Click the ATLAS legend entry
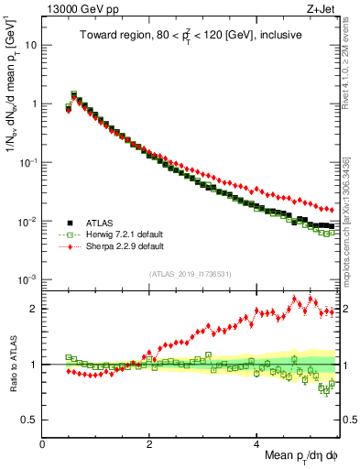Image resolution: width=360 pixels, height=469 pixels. coord(96,222)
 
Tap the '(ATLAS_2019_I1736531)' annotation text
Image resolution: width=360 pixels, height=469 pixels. coord(190,274)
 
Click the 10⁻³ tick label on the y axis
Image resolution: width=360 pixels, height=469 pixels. coord(27,279)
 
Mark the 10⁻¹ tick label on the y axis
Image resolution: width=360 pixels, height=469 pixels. coord(27,162)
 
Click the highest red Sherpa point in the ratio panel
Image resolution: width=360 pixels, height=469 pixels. coord(294,299)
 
